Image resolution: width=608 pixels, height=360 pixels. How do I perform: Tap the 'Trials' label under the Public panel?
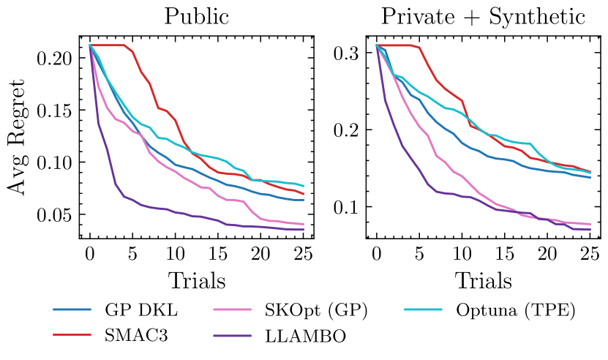[196, 280]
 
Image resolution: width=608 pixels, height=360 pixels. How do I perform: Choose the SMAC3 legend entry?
[133, 336]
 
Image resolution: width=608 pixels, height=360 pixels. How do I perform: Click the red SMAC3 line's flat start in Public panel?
[110, 45]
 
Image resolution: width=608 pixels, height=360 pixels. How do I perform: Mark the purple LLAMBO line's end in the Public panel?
[303, 230]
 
